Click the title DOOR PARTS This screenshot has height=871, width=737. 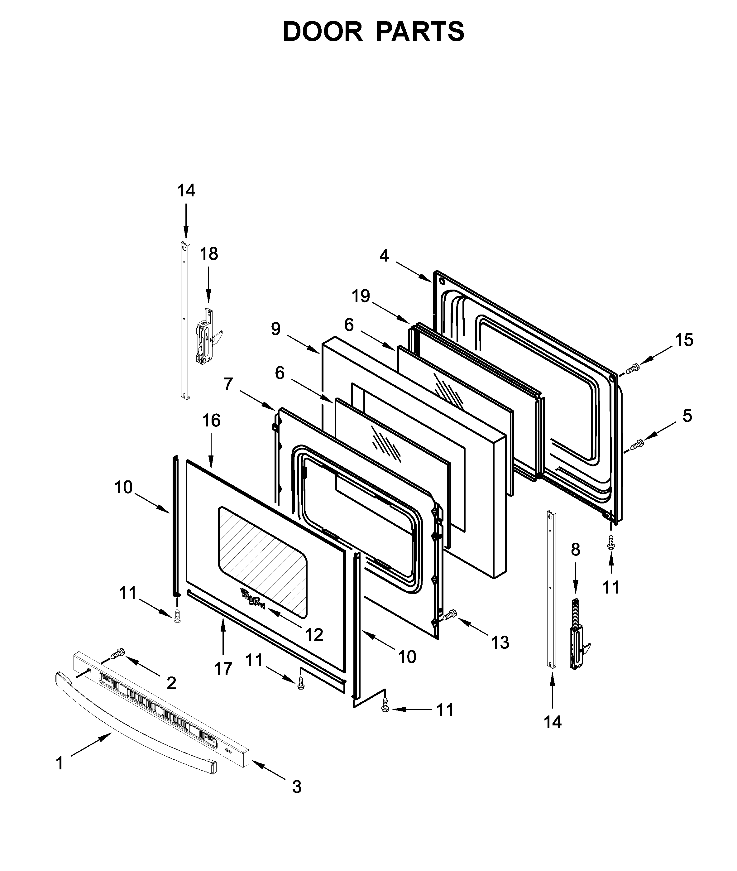coord(373,31)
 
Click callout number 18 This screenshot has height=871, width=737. coord(208,254)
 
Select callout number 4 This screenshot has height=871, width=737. coord(384,255)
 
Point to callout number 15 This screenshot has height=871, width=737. coord(684,340)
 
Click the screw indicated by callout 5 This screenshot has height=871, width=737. coord(637,445)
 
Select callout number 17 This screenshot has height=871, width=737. coord(223,669)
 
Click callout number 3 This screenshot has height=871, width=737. coord(297,787)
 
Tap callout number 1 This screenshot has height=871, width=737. coord(60,763)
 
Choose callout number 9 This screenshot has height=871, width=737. coord(276,329)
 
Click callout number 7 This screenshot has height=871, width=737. coord(228,384)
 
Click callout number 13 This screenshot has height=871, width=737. coord(500,642)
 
